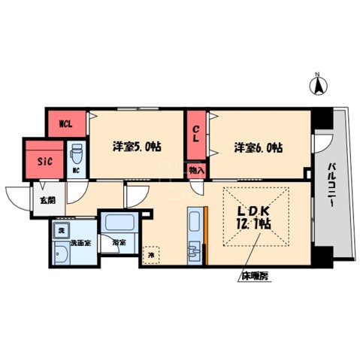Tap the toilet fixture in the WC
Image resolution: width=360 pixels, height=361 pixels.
pyautogui.click(x=76, y=154)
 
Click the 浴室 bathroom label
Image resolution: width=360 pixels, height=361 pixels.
pyautogui.click(x=119, y=243)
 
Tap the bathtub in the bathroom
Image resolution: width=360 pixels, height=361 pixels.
pyautogui.click(x=119, y=223)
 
